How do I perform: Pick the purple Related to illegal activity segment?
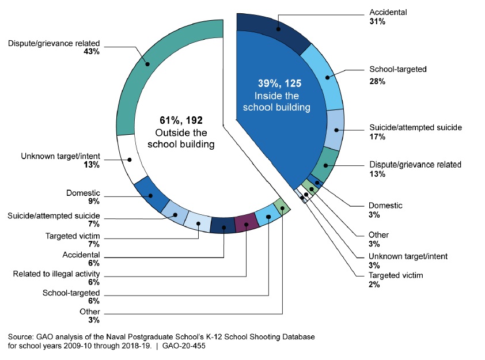point(246,221)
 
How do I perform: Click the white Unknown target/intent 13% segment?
point(130,159)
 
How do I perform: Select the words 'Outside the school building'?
point(181,138)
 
